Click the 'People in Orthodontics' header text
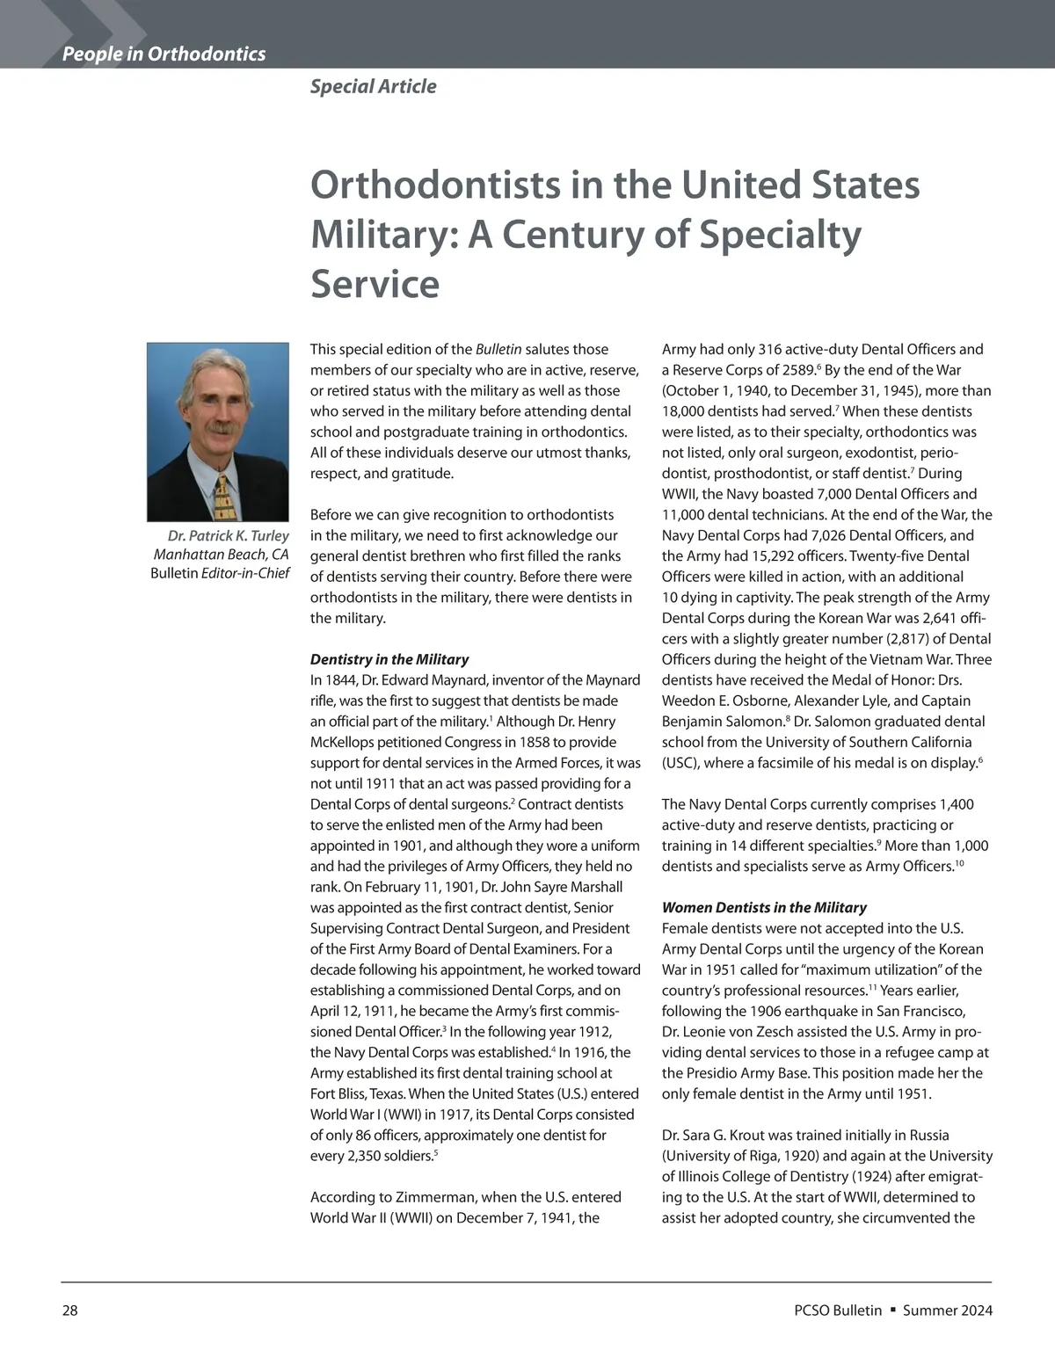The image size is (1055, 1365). click(x=164, y=54)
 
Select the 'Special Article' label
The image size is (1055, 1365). click(x=373, y=86)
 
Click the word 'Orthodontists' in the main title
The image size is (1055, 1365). click(x=435, y=185)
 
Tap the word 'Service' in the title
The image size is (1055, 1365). click(x=375, y=284)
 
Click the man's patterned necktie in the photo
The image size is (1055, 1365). click(x=222, y=497)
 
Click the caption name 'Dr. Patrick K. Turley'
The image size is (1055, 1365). click(x=228, y=535)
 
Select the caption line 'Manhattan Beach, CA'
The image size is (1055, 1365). click(x=221, y=555)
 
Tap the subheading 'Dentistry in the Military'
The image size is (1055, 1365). click(x=389, y=659)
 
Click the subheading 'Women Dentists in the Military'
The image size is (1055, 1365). click(x=764, y=907)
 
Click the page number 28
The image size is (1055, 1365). click(x=69, y=1311)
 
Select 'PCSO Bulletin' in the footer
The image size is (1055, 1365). click(x=837, y=1311)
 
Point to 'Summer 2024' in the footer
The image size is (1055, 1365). click(x=948, y=1311)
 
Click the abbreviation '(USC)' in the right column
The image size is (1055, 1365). click(x=680, y=763)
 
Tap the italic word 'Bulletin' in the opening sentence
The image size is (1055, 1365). click(x=498, y=349)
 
